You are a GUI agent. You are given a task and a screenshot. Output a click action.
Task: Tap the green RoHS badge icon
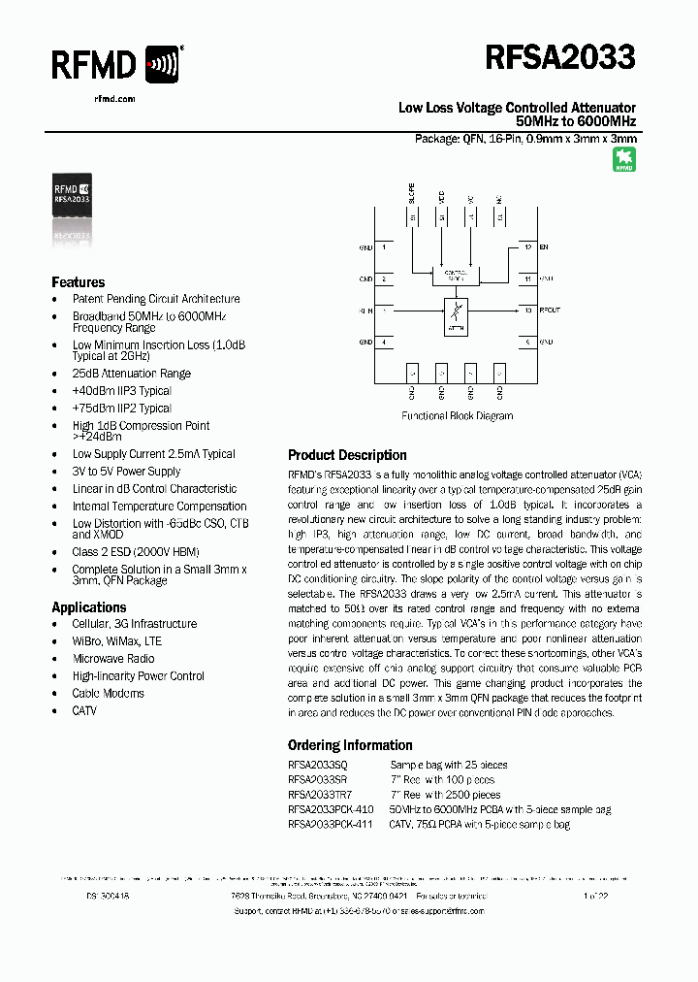(x=624, y=160)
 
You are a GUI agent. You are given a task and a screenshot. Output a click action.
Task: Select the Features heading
(x=79, y=282)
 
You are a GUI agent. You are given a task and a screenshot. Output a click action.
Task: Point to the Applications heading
(x=89, y=607)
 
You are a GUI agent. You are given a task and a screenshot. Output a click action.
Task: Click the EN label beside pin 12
(x=544, y=247)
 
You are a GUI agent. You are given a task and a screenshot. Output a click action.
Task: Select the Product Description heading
(x=347, y=455)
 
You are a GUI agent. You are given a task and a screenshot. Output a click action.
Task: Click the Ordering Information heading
(x=350, y=745)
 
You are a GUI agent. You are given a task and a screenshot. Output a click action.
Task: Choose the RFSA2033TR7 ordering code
(x=320, y=795)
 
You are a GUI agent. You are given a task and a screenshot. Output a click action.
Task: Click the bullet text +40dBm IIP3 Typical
(x=121, y=391)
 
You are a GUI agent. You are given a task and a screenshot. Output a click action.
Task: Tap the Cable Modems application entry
(x=108, y=694)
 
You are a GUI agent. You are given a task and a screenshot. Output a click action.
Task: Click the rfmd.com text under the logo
(x=114, y=99)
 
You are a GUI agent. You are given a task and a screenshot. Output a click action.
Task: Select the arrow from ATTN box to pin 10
(x=494, y=311)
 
